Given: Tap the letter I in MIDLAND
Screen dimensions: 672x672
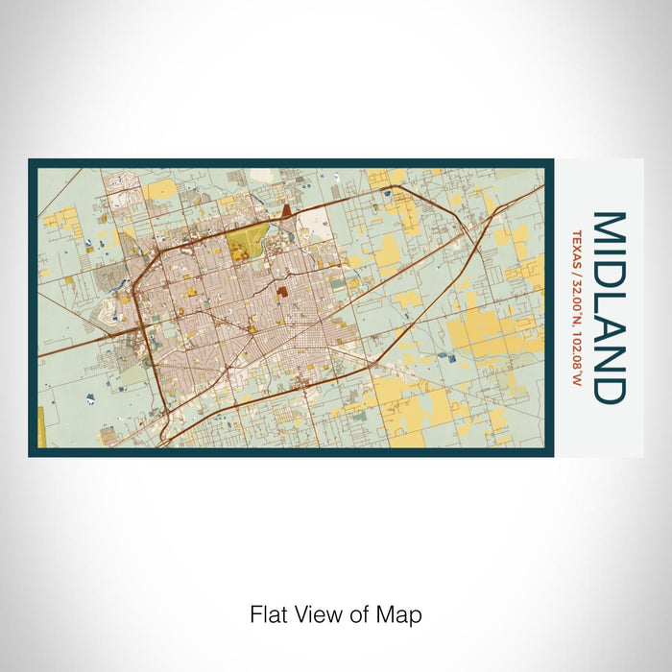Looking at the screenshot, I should pyautogui.click(x=610, y=256).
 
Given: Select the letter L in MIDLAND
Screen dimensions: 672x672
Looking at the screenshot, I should pyautogui.click(x=610, y=301).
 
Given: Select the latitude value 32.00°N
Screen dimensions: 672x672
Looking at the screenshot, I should pyautogui.click(x=578, y=297).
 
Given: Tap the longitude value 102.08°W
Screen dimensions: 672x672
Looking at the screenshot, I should pyautogui.click(x=578, y=349).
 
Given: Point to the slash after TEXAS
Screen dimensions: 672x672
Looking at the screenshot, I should pyautogui.click(x=578, y=268).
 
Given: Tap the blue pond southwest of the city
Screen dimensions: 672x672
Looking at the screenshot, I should pyautogui.click(x=89, y=396).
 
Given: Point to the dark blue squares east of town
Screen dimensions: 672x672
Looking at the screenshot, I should pyautogui.click(x=444, y=356).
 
